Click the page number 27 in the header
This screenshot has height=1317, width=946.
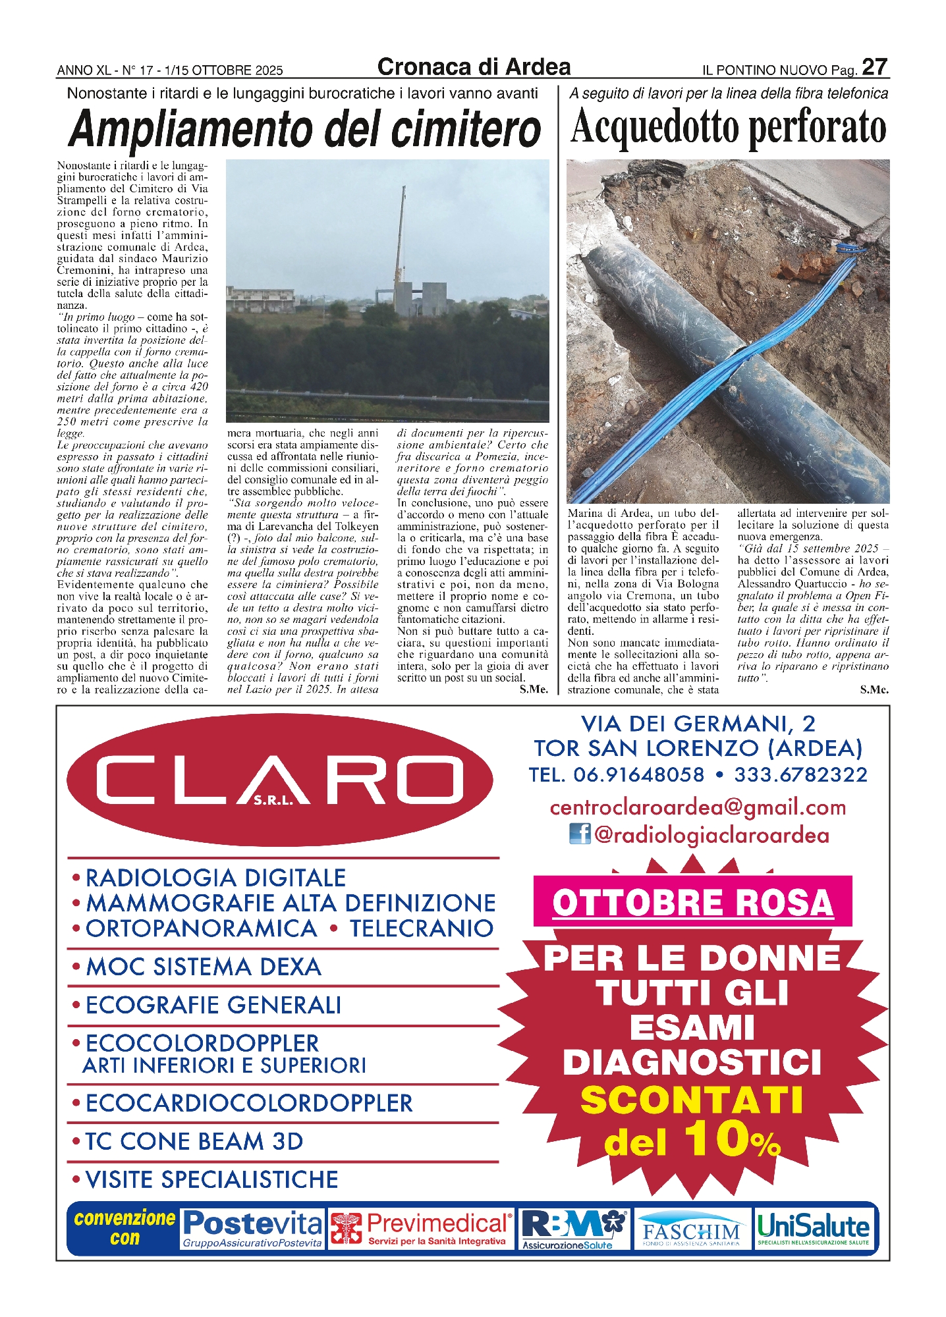(875, 67)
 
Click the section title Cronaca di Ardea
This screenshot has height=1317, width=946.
(474, 67)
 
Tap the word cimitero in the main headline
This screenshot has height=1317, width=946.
(465, 129)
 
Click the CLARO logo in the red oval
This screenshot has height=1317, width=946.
(280, 780)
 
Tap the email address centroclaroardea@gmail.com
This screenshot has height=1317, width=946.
(698, 807)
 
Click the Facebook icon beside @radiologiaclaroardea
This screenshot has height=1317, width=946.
(580, 834)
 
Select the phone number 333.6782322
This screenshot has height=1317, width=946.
(800, 775)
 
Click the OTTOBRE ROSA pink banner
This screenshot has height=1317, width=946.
(692, 902)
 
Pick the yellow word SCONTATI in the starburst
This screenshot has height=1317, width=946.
(692, 1100)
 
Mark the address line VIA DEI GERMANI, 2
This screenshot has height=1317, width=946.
(698, 724)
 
